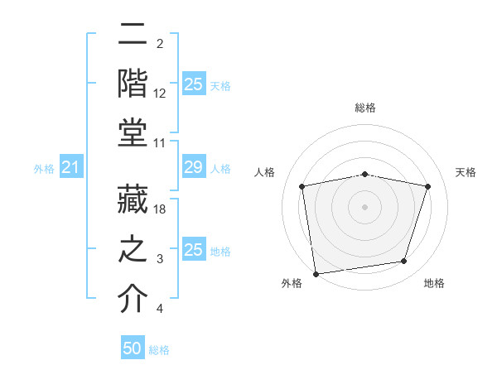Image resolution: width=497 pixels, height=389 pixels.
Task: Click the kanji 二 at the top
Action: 133,36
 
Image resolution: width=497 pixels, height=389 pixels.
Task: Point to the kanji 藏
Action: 133,199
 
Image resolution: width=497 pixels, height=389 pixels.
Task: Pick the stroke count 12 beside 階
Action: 160,94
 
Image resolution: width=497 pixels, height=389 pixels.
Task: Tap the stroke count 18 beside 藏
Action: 160,210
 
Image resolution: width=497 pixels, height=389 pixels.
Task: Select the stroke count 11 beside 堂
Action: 160,143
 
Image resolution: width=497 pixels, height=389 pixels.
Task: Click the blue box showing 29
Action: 193,168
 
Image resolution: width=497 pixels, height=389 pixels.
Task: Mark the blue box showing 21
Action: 71,168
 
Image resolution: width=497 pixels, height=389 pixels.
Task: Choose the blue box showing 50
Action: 133,349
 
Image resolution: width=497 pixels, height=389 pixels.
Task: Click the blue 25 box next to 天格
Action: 193,84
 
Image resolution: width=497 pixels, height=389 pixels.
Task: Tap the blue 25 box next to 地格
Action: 193,250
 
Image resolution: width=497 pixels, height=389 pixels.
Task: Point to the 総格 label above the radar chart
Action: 365,108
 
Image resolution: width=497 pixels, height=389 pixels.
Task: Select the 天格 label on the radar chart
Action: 466,172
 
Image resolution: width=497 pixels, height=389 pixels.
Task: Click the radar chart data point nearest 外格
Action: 316,273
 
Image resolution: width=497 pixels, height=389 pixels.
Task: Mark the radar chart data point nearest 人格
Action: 302,187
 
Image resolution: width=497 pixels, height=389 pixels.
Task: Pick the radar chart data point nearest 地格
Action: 404,262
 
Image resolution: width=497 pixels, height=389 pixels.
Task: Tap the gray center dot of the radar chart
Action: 365,207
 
